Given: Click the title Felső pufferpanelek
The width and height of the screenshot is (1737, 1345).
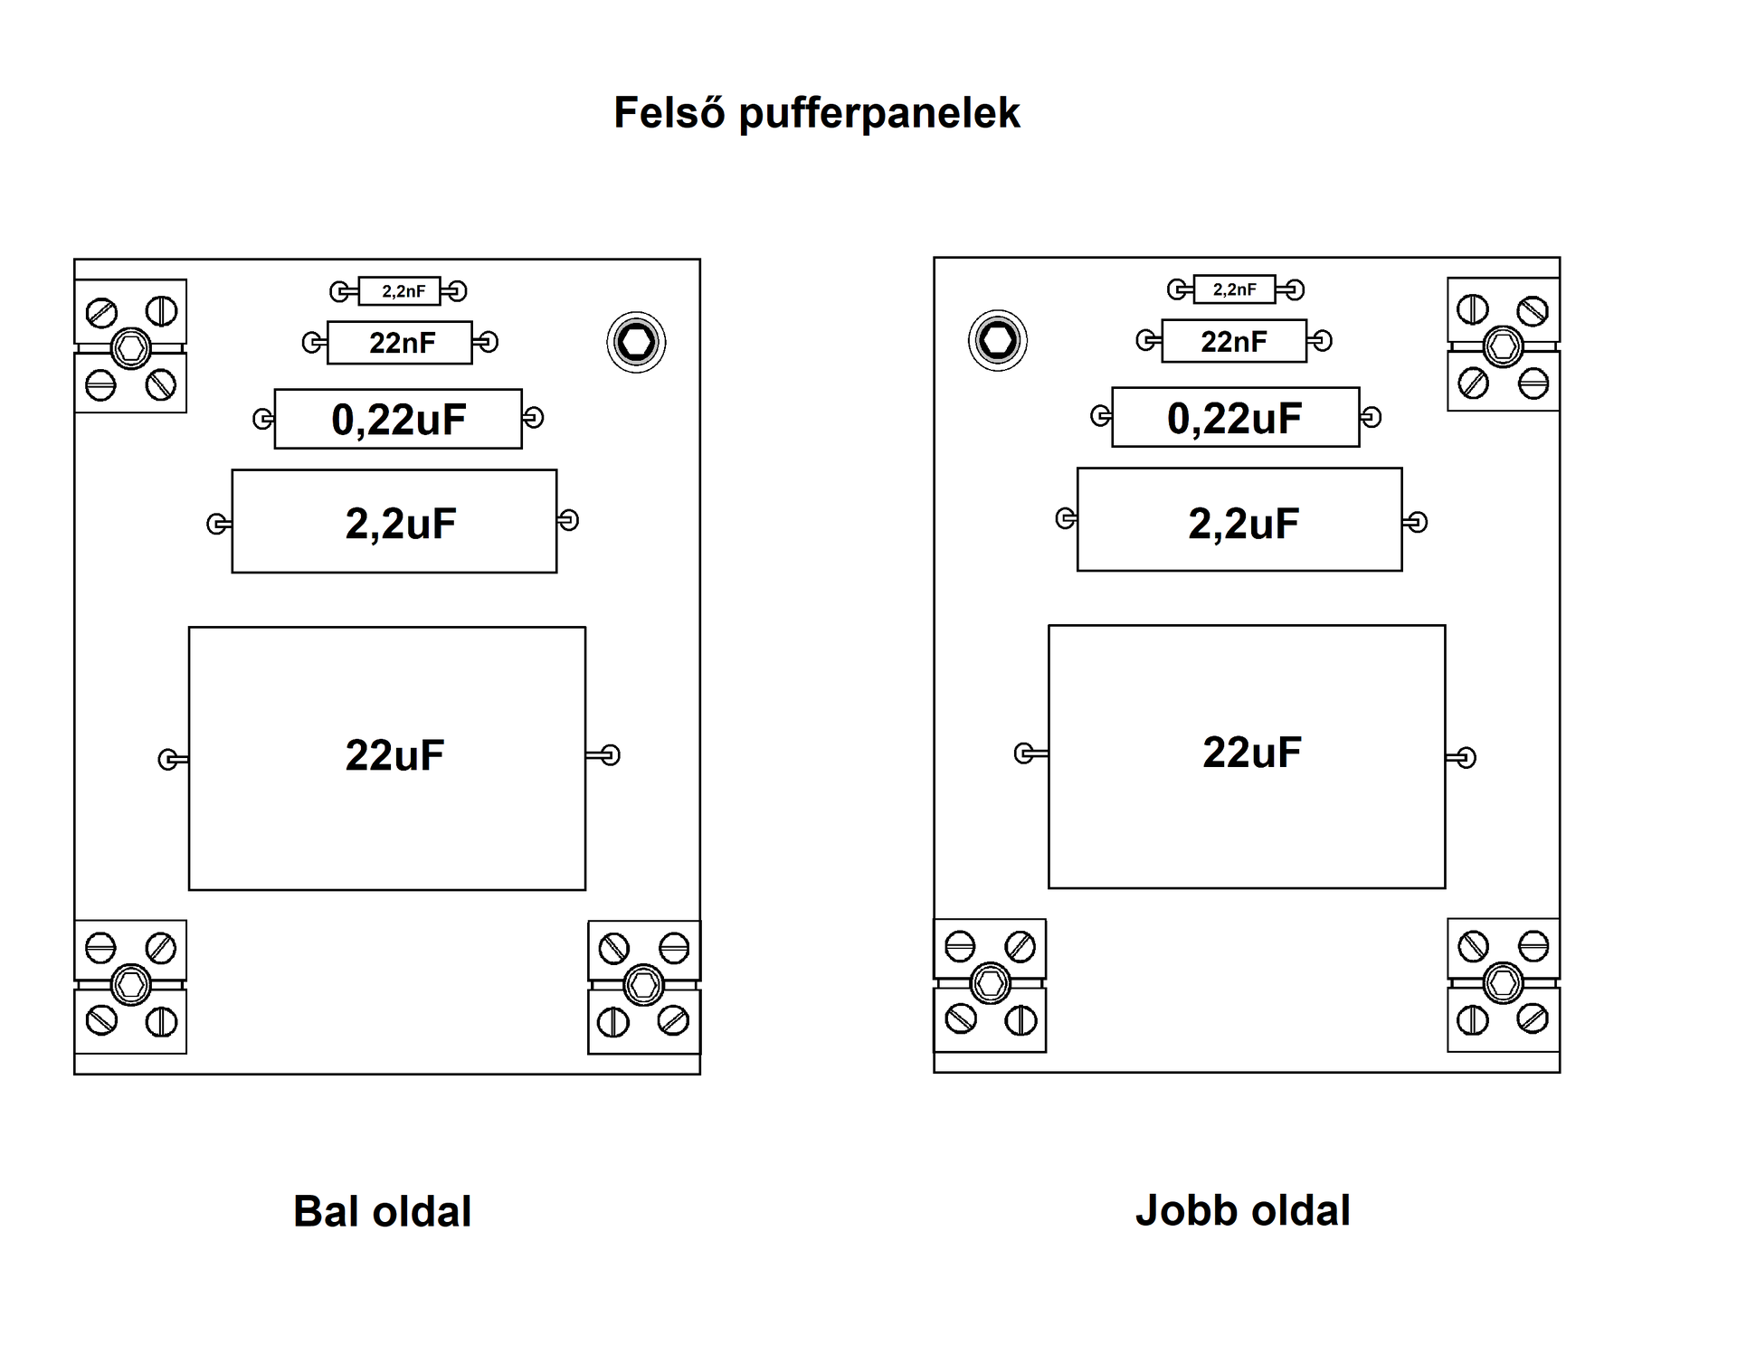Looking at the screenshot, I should pos(816,114).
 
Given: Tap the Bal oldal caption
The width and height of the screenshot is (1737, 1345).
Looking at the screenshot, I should pos(382,1212).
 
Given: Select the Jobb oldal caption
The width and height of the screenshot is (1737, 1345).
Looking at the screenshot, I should pos(1242,1210).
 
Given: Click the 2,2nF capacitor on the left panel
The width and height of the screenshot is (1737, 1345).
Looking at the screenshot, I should pos(399,291).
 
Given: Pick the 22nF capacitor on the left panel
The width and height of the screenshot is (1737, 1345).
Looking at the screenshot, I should pos(399,343).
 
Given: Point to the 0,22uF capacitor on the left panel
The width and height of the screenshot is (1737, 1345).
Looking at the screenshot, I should pos(398,419).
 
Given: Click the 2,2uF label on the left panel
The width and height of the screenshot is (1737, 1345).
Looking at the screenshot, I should pos(401,524).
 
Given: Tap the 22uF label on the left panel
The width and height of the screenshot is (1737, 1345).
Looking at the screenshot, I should pos(394,755).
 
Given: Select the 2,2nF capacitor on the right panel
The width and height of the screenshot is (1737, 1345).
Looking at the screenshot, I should pos(1234,289).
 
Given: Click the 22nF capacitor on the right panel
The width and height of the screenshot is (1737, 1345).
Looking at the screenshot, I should pos(1234,341).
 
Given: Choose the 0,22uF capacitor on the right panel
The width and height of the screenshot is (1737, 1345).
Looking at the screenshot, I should pos(1235,418).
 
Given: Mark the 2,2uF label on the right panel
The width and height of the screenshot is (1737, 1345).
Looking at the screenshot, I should pos(1243,524).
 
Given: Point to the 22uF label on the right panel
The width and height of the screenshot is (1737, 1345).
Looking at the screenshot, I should pos(1252,753).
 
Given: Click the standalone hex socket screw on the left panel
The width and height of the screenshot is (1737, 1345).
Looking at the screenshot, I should pos(636,342).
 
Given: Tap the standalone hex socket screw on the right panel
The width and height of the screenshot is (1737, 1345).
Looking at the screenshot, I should pos(998,340).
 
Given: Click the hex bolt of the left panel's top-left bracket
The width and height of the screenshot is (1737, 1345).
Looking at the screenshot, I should pos(130,347).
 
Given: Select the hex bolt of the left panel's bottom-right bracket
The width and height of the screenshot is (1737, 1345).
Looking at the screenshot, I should pos(644,985).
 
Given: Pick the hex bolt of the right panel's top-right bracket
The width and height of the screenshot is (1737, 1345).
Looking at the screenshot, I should pos(1503,346).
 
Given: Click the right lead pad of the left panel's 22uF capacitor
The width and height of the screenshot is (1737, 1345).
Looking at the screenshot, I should pos(611,754).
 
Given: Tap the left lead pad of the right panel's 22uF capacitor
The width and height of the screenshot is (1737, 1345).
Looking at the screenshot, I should pos(1024,753).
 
